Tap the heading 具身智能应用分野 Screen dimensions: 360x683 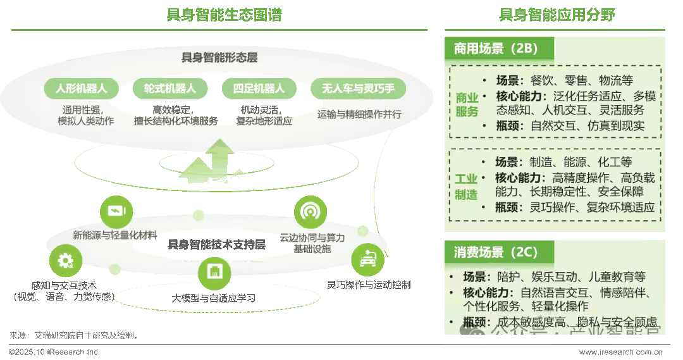[x=557, y=15]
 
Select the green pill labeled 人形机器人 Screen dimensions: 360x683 [x=82, y=89]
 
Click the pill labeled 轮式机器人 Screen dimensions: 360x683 [x=170, y=89]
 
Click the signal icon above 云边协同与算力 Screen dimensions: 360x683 [x=310, y=211]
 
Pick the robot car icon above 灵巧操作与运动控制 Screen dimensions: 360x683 [x=367, y=259]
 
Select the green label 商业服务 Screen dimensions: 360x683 [x=467, y=105]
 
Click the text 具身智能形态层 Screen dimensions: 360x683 [x=219, y=58]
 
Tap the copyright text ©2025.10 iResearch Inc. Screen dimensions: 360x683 [x=50, y=352]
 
